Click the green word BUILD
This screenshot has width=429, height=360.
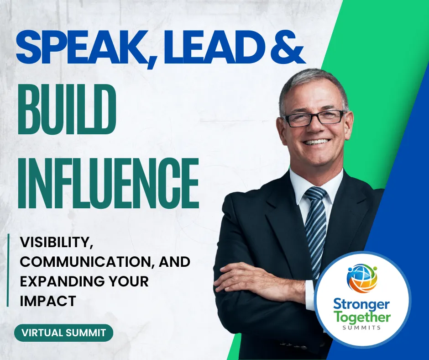pos(67,109)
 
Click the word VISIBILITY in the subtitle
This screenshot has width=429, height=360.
pos(55,243)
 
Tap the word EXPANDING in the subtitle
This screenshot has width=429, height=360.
pos(62,281)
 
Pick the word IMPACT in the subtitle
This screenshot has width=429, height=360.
pos(48,301)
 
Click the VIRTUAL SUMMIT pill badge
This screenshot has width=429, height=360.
pos(64,333)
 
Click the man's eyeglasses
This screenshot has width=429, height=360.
pos(314,118)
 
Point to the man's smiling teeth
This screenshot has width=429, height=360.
pos(317,142)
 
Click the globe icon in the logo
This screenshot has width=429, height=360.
pos(362,279)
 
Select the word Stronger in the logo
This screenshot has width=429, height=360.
pos(361,305)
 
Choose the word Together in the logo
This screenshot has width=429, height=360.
pos(363,317)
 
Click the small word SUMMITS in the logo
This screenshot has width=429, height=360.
pos(362,328)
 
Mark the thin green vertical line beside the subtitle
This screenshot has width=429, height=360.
pos(8,270)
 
